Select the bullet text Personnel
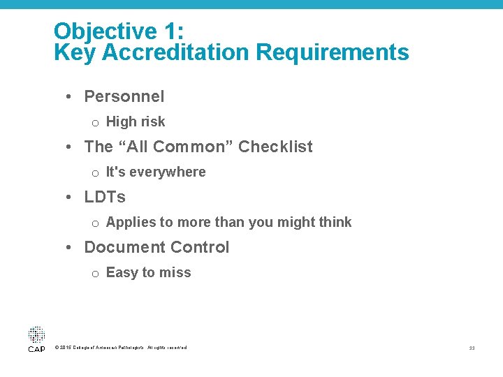click(x=124, y=96)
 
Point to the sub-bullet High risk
click(x=136, y=121)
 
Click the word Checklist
click(x=275, y=147)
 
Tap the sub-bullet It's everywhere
click(x=156, y=172)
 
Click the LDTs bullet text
click(x=105, y=197)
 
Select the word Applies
click(x=131, y=222)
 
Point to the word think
click(x=335, y=222)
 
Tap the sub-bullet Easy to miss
click(x=148, y=272)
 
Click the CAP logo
click(x=36, y=339)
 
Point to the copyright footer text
click(x=120, y=348)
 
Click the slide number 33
click(x=472, y=348)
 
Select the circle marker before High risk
click(x=94, y=123)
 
